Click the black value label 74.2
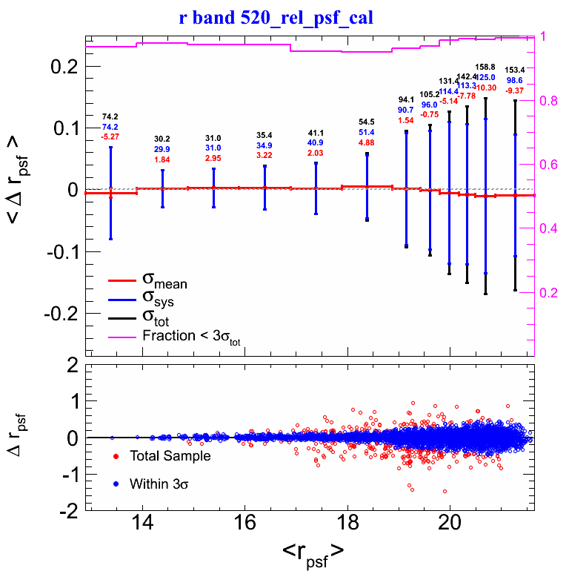click(110, 117)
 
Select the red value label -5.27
click(110, 136)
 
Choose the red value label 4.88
click(366, 142)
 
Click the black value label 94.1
click(407, 100)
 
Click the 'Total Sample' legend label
click(170, 456)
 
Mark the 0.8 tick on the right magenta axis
click(550, 101)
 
